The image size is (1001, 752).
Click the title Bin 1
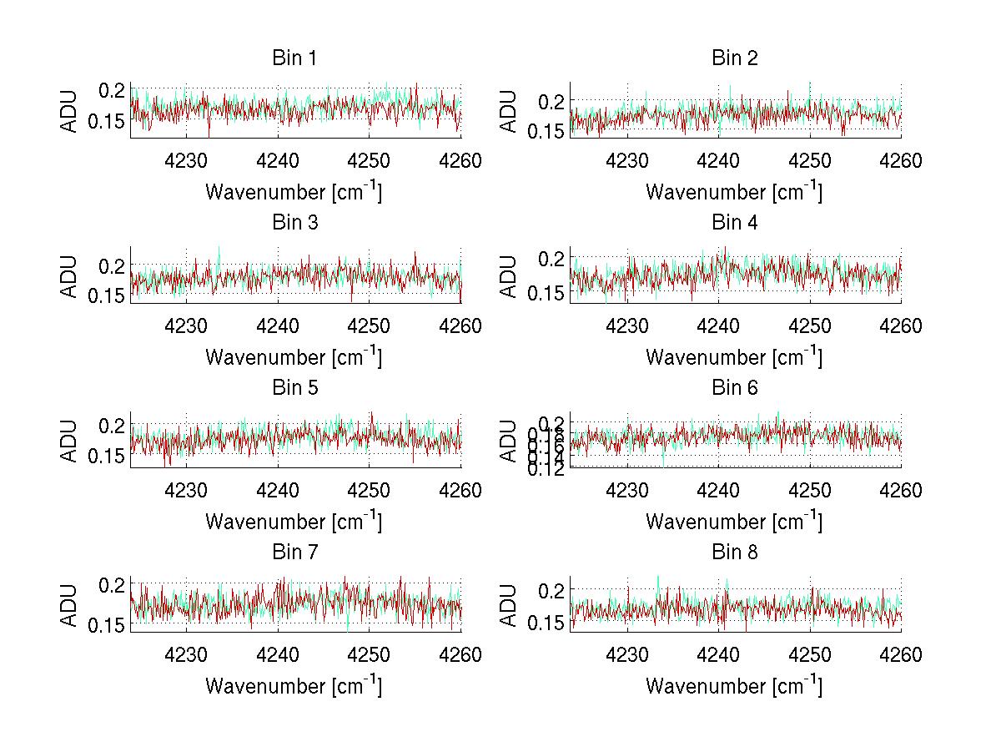[294, 58]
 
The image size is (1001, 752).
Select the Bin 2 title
[735, 58]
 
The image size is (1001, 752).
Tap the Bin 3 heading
[294, 223]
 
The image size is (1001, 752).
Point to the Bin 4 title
[735, 223]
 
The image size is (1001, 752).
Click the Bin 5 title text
[294, 388]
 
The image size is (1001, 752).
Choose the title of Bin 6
[735, 388]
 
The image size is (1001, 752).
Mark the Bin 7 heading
[294, 553]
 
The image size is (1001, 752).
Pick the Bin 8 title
[735, 553]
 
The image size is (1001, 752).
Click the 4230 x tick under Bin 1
[187, 161]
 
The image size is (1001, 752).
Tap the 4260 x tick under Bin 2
[901, 161]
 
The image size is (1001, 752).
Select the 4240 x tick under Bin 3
[279, 326]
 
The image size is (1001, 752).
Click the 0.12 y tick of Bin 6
[543, 468]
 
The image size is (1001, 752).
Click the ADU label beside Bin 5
[69, 441]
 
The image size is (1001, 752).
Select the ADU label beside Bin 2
[509, 111]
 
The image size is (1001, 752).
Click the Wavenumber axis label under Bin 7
[294, 685]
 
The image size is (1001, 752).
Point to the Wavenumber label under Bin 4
[734, 356]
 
